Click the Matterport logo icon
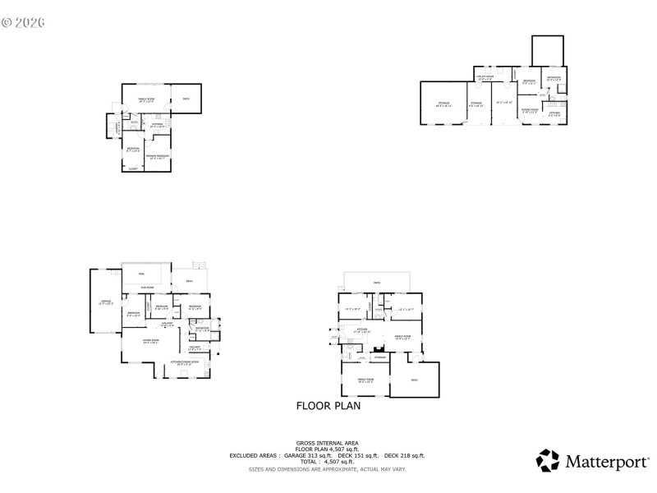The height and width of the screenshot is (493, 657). pyautogui.click(x=548, y=460)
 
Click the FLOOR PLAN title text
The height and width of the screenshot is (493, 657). pyautogui.click(x=328, y=405)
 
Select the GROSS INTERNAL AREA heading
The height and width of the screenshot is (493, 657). pyautogui.click(x=327, y=444)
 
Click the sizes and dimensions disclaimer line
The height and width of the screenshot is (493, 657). pyautogui.click(x=327, y=469)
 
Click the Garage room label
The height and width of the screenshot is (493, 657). pyautogui.click(x=106, y=302)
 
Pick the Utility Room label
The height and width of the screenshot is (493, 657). pyautogui.click(x=485, y=78)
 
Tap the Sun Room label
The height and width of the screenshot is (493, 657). pyautogui.click(x=147, y=287)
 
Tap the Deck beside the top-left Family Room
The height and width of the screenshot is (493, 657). pyautogui.click(x=186, y=99)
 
